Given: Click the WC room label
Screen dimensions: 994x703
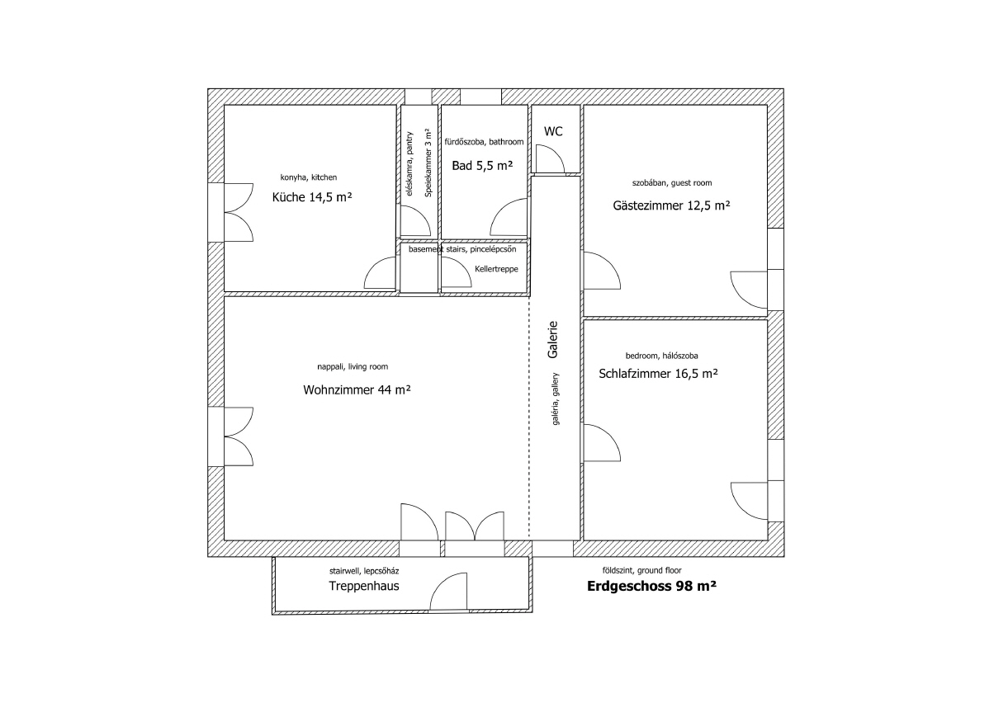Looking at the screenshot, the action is (x=553, y=131).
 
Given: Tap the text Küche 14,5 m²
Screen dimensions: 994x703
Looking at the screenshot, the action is (x=312, y=197).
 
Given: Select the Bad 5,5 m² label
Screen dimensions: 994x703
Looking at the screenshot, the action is (x=482, y=166).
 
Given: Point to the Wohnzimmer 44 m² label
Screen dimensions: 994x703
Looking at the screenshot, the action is (x=357, y=389).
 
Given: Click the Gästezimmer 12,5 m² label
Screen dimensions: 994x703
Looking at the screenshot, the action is (x=671, y=205).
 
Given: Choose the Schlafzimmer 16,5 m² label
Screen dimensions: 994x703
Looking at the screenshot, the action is (x=659, y=374).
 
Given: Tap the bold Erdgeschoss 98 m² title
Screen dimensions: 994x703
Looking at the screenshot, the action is (x=651, y=586).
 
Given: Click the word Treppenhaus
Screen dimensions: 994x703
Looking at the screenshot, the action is (x=364, y=587).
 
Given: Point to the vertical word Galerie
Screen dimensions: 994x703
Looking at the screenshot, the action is (x=552, y=340).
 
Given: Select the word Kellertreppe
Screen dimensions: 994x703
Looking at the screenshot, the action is (x=496, y=269).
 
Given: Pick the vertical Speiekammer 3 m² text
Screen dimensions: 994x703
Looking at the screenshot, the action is (x=428, y=163).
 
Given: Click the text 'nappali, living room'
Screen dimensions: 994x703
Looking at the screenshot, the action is (x=353, y=367).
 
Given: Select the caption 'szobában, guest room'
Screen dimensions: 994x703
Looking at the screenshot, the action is (x=672, y=182).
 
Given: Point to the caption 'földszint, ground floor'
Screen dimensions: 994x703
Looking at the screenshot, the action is (x=641, y=570).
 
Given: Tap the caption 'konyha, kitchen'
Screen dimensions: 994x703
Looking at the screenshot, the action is (x=309, y=177).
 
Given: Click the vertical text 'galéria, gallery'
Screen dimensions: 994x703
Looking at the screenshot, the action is (x=556, y=399).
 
